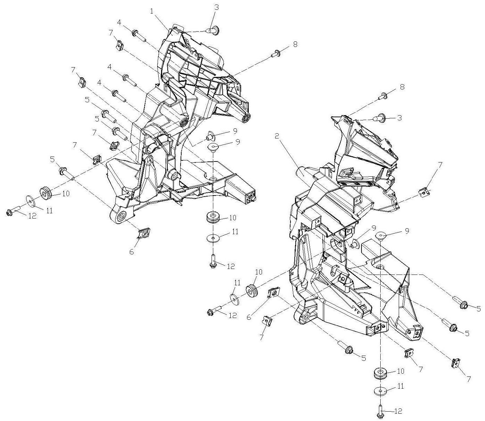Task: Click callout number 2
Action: (277, 136)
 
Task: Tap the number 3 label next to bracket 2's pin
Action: (399, 118)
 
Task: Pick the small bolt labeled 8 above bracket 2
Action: (383, 95)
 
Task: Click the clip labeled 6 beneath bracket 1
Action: (144, 233)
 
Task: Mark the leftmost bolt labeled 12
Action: (11, 212)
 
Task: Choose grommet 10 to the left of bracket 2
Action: (253, 291)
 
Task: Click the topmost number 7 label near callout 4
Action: (111, 33)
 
